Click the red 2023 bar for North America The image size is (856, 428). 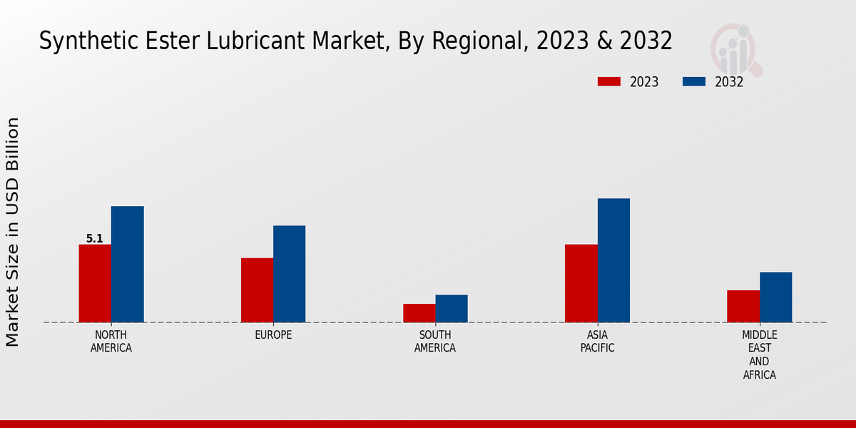[x=95, y=283]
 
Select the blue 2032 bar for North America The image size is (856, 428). [x=127, y=264]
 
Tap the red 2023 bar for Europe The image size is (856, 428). [x=257, y=290]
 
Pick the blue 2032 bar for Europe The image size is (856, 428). [x=289, y=274]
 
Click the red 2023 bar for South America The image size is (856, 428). [x=419, y=313]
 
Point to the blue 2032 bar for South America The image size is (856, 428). [x=452, y=308]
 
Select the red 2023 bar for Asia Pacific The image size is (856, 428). [x=581, y=283]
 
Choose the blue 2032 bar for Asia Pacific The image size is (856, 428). [x=613, y=260]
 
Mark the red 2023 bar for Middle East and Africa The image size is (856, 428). [x=743, y=306]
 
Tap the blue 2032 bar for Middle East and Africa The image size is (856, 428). [x=775, y=297]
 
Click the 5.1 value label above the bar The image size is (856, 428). [x=95, y=239]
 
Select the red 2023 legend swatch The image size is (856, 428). [x=609, y=82]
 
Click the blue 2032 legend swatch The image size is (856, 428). [x=694, y=82]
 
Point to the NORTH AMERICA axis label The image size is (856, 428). [x=111, y=342]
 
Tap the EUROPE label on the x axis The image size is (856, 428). [x=273, y=335]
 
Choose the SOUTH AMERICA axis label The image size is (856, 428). [x=435, y=342]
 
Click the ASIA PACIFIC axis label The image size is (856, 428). [x=597, y=342]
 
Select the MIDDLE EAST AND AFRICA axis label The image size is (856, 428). [x=759, y=355]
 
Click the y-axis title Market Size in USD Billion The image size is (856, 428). [x=13, y=232]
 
